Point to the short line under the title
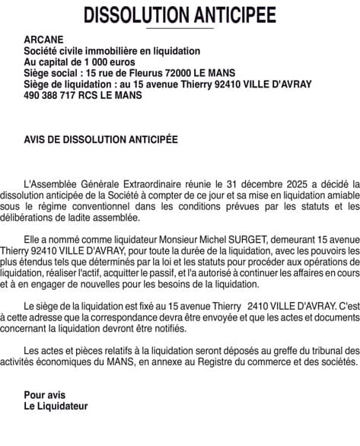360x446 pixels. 180,27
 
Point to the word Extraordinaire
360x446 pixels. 159,183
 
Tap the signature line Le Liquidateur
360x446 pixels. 56,406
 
